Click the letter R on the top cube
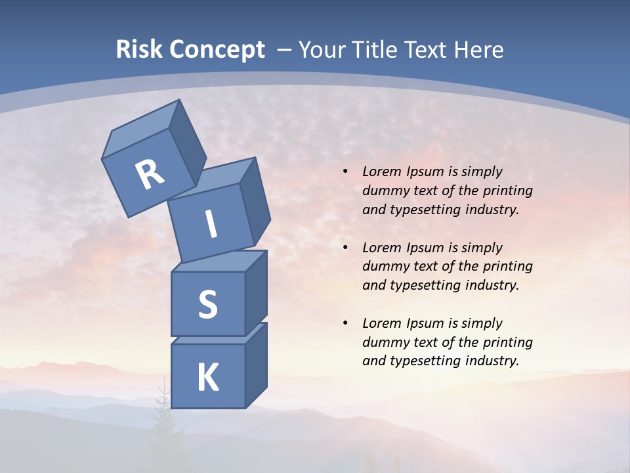coord(150,175)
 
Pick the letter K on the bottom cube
coord(208,378)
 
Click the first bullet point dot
coord(346,171)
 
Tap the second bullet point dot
coord(346,248)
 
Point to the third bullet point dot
coord(346,323)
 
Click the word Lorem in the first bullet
coord(381,171)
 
